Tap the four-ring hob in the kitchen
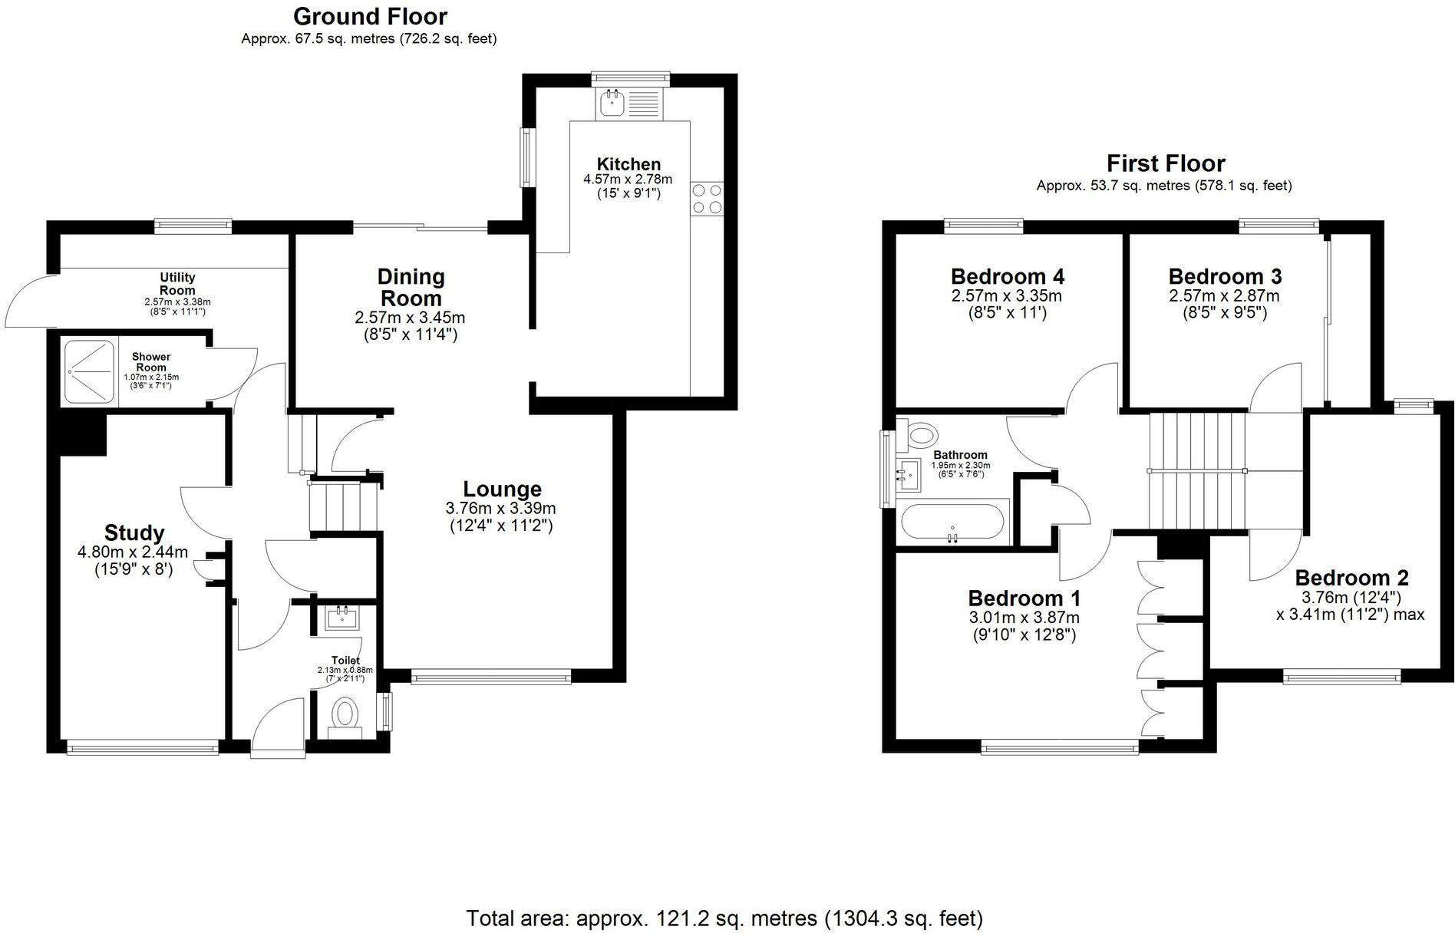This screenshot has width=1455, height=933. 706,198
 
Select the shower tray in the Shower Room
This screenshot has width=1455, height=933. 89,372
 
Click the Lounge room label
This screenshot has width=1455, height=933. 502,489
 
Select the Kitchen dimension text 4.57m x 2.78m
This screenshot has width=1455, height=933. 628,180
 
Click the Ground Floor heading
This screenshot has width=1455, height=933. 370,16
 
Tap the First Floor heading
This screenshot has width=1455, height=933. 1165,163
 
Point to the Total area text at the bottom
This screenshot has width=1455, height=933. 724,918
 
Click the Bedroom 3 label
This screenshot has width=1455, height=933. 1225,276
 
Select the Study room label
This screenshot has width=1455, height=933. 134,532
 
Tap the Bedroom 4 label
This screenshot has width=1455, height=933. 1007,276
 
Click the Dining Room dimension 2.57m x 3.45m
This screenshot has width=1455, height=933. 410,318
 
